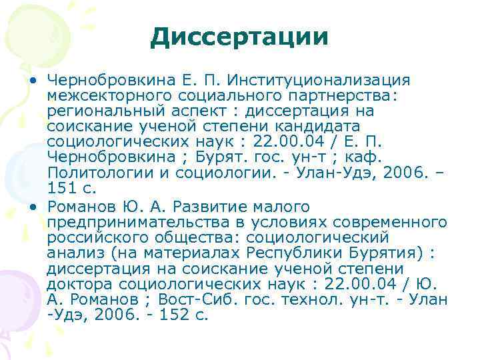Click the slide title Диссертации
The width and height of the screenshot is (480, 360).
coord(239,37)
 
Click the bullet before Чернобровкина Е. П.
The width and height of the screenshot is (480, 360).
coord(32,81)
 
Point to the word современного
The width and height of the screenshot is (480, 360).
coord(388,221)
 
